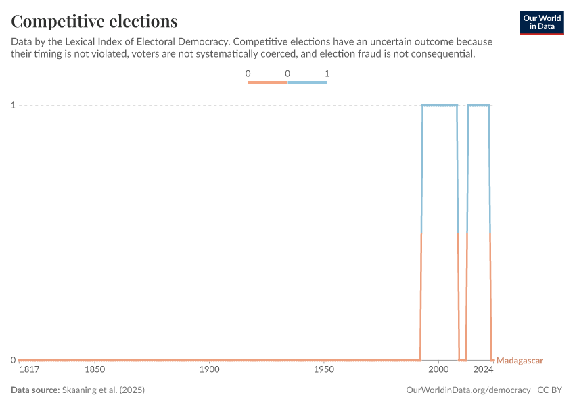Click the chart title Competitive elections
click(95, 21)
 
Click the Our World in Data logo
click(542, 22)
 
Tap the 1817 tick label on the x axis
click(28, 370)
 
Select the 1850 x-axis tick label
click(95, 370)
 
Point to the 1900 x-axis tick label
click(210, 370)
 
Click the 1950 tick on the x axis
click(324, 370)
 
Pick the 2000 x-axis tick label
click(439, 370)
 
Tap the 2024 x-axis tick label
click(483, 370)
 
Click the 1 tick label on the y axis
click(13, 105)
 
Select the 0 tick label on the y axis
click(13, 360)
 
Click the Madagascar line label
click(520, 361)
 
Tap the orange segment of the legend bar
click(268, 83)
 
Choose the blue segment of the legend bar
click(307, 83)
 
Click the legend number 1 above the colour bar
click(327, 73)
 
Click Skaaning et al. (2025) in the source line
click(103, 390)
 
